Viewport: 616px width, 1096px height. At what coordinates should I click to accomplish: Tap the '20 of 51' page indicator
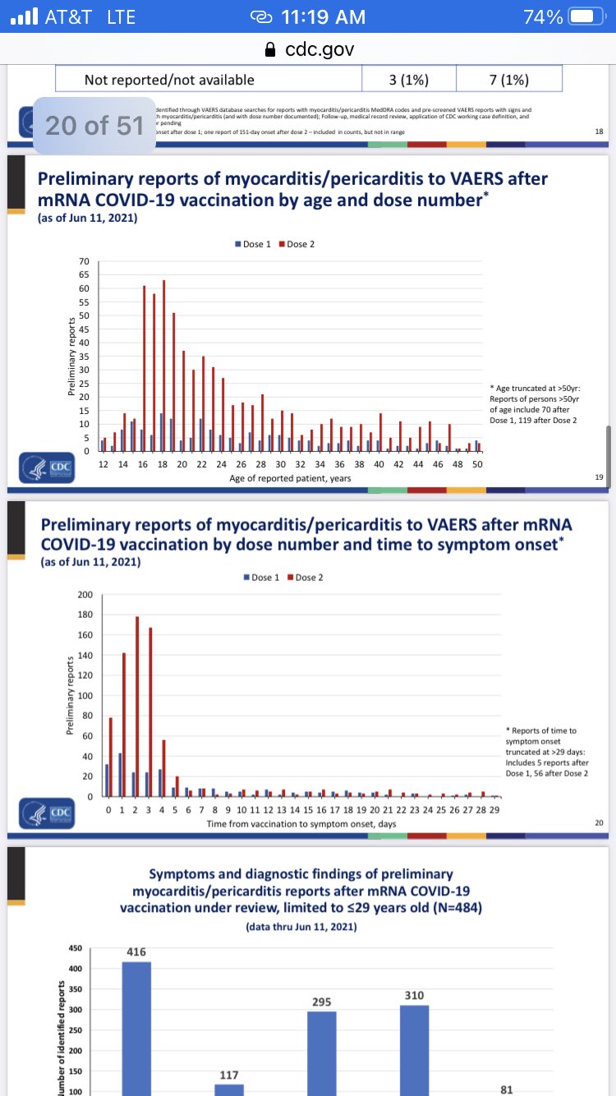(94, 125)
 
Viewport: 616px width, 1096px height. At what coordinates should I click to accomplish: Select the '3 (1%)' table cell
(408, 80)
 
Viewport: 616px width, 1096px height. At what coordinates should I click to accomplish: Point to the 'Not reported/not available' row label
(169, 80)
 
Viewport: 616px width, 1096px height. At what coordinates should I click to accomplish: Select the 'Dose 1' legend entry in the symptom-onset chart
(262, 577)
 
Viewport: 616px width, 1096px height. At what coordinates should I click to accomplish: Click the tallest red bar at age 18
(163, 366)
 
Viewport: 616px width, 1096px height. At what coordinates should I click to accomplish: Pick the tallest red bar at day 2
(137, 707)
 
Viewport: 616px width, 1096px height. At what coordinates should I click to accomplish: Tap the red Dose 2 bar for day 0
(111, 757)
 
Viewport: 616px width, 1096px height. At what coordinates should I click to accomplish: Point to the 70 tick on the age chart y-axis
(83, 262)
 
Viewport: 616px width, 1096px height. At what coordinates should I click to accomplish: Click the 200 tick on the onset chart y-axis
(85, 594)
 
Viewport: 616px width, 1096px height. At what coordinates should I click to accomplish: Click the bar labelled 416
(136, 1027)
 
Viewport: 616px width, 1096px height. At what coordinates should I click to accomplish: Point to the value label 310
(414, 995)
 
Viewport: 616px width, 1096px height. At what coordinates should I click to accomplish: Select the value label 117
(229, 1075)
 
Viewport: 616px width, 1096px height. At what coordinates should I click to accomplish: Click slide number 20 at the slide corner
(598, 822)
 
